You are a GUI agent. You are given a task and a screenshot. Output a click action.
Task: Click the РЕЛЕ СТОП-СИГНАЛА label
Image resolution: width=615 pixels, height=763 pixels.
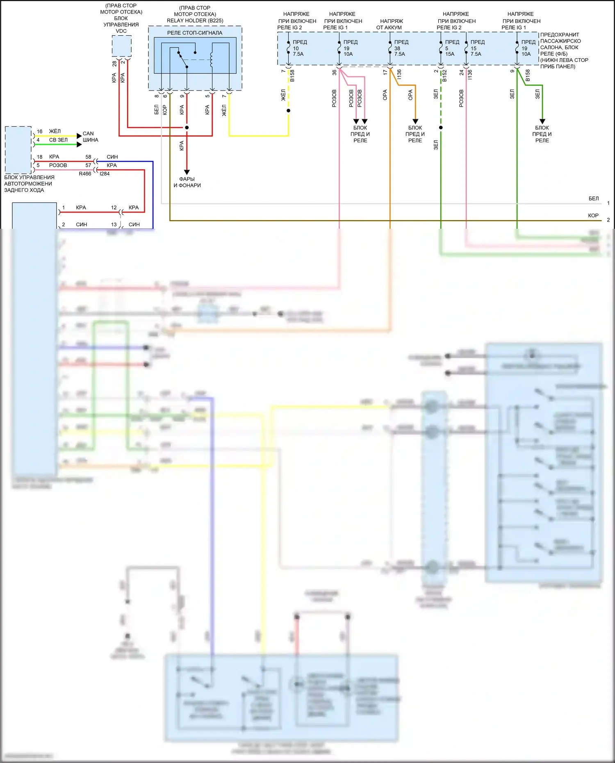(195, 33)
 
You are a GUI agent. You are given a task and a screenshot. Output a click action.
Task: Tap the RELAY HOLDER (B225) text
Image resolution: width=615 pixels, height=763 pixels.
(195, 20)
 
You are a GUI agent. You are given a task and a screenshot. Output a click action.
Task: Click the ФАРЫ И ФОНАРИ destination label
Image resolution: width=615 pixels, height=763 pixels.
(187, 182)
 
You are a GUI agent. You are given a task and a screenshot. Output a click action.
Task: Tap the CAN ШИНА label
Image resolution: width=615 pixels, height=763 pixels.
(90, 137)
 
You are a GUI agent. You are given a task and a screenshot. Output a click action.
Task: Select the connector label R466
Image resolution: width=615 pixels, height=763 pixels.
(85, 174)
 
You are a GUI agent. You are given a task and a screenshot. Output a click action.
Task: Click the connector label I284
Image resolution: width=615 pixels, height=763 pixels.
(105, 174)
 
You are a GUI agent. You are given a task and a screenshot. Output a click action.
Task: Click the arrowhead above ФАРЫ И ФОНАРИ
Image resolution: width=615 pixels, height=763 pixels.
(187, 172)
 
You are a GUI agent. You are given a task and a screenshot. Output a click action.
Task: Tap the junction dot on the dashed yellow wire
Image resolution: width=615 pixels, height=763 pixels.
(289, 111)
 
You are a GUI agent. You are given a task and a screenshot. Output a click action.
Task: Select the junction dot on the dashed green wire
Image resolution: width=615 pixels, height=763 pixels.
(441, 128)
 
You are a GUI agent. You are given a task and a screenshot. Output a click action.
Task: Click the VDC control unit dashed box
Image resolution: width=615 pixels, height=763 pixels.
(122, 46)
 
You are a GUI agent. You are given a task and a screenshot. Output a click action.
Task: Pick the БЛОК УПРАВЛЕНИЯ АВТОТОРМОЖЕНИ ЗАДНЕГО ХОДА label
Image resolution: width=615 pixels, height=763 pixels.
(29, 184)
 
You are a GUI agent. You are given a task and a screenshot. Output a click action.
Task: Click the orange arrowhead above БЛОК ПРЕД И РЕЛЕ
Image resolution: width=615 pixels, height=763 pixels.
(415, 121)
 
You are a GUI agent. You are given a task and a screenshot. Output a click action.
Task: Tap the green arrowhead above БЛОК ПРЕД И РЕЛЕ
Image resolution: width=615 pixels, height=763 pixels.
(542, 121)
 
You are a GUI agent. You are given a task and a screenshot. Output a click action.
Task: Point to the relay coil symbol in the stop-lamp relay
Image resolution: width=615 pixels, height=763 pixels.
(212, 59)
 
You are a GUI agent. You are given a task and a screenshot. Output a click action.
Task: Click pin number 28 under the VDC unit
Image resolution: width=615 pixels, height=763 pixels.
(114, 64)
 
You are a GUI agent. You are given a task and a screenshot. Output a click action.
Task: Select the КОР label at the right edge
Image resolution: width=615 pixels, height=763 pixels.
(593, 216)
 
